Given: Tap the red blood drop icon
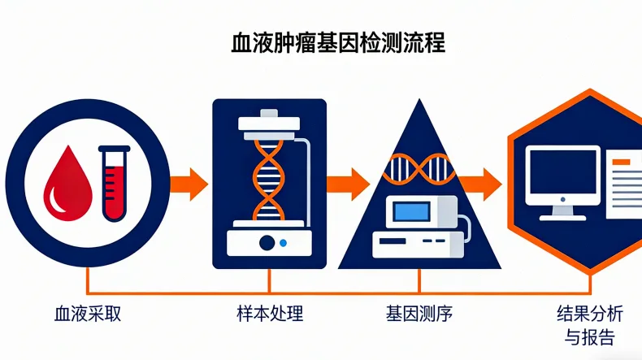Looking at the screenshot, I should [x=64, y=181].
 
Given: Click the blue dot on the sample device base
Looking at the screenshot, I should [x=282, y=243].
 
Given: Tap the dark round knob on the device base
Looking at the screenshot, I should [x=266, y=242].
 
